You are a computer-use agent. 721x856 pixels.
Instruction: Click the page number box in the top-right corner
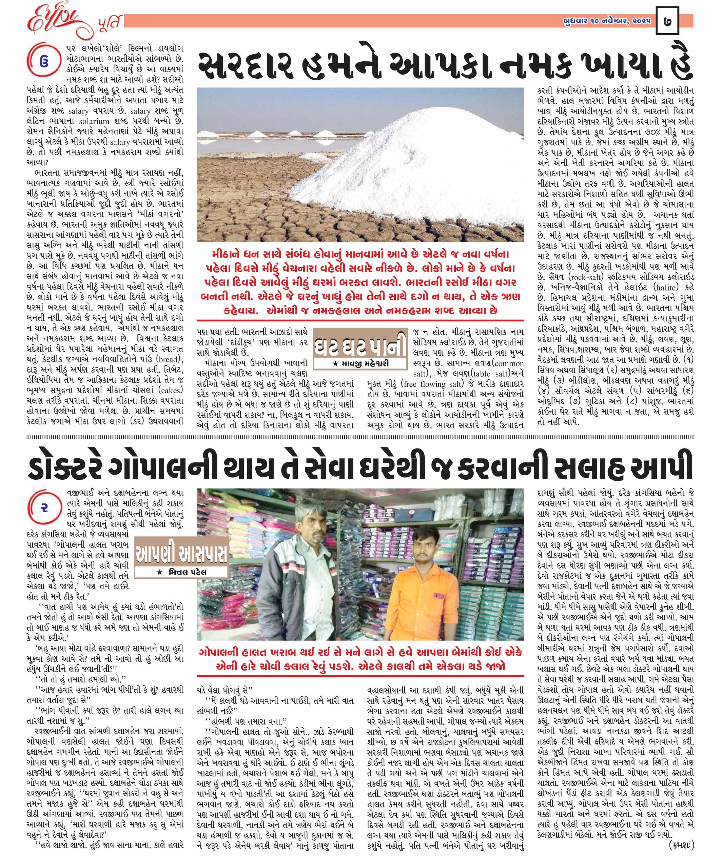(667, 20)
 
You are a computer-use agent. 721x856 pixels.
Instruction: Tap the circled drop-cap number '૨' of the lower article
(44, 509)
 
